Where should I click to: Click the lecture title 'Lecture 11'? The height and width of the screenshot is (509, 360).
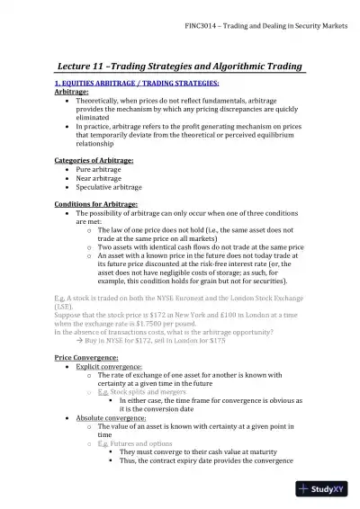(x=87, y=67)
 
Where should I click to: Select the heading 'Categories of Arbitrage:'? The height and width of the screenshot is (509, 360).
(x=94, y=160)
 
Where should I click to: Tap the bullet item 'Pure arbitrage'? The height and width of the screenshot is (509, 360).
(x=101, y=169)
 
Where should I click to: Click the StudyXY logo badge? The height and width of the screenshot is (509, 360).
(x=326, y=489)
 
